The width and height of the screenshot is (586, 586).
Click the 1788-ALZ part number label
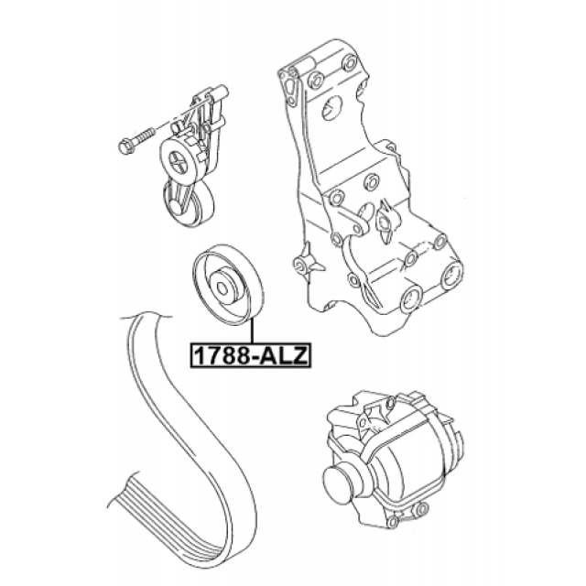250,355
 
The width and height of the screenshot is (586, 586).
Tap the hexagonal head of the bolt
126,146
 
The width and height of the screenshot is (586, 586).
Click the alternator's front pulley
339,483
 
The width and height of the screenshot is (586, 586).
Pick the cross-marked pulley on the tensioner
177,160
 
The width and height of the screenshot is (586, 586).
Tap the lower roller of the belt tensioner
189,203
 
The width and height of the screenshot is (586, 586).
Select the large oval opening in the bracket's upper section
331,108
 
